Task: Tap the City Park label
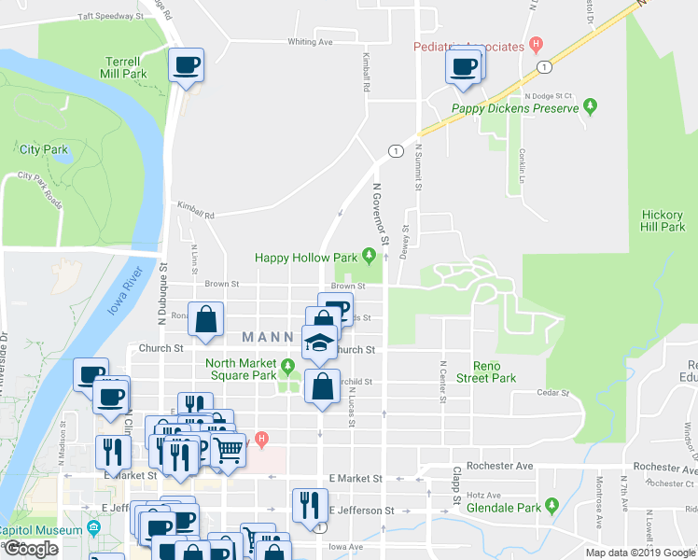pos(44,149)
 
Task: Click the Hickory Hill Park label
pos(663,220)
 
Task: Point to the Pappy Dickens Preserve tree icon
pos(591,108)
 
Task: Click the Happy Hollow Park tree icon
pos(370,257)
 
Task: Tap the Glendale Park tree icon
pos(551,508)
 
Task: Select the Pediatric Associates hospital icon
pos(535,44)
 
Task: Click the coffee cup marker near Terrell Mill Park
pos(185,66)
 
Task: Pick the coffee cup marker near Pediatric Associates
pos(464,67)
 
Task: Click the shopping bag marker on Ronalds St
pos(206,319)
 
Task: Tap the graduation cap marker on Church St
pos(320,342)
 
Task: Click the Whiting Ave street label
pos(310,42)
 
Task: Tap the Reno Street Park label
pos(495,371)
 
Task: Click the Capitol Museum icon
pos(93,529)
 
